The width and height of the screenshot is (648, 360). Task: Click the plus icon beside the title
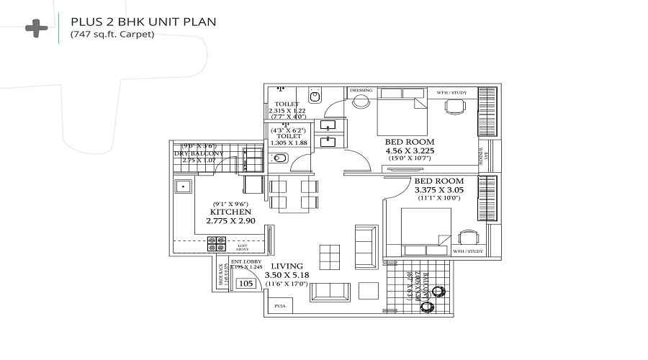[36, 28]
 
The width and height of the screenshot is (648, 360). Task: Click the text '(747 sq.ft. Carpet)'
[112, 35]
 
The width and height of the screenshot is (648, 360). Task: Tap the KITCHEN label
[230, 212]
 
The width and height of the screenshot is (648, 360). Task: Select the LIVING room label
[287, 266]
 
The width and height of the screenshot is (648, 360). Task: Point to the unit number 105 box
[246, 284]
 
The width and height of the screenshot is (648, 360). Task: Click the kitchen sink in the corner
[182, 187]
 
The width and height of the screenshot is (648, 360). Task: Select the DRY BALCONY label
[199, 153]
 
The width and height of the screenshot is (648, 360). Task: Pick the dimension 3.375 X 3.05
[438, 190]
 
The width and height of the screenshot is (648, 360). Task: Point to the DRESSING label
[361, 91]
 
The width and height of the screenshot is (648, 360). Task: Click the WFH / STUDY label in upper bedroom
[451, 91]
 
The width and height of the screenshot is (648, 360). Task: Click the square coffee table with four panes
[329, 255]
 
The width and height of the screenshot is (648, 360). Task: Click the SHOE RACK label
[222, 275]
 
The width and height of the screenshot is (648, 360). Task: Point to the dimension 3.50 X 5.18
[287, 275]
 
